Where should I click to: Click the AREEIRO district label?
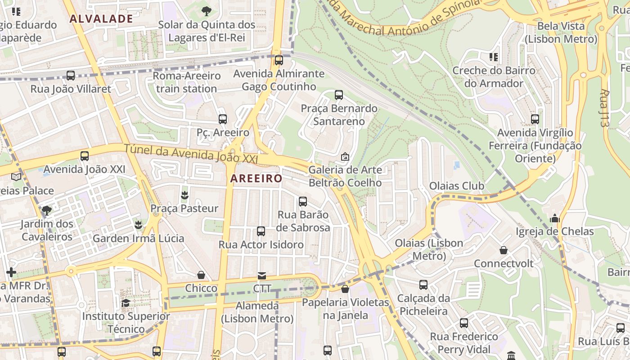coord(256,178)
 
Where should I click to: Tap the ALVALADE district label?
coord(101,18)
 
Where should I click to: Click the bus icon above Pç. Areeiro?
coord(223,119)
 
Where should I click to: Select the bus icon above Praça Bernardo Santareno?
coord(339,95)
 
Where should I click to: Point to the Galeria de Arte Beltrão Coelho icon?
coord(345,157)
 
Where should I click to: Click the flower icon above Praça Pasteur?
coord(184,195)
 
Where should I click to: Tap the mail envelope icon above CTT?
coord(261,275)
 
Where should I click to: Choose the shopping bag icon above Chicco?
coord(201,275)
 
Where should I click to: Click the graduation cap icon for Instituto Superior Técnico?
coord(126,303)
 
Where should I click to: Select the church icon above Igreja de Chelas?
coord(554,218)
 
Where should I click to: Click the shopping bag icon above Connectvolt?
coord(504,250)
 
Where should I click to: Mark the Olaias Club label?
coord(457,186)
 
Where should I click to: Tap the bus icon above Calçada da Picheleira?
coord(423,285)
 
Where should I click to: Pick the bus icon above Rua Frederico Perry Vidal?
coord(464,323)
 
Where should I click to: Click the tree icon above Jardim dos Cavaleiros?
coord(46,210)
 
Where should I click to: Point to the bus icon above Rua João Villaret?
coord(71,76)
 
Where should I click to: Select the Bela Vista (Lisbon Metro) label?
coord(561,32)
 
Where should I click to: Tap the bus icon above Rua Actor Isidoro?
coord(261,231)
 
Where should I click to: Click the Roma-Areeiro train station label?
coord(187,82)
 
